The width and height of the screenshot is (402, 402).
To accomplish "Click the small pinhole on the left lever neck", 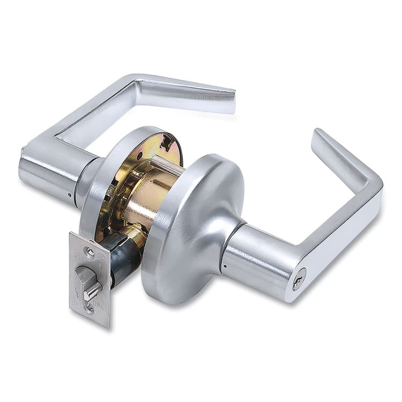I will click(71, 195).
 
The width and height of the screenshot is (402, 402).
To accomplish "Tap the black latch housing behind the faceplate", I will click(121, 257).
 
